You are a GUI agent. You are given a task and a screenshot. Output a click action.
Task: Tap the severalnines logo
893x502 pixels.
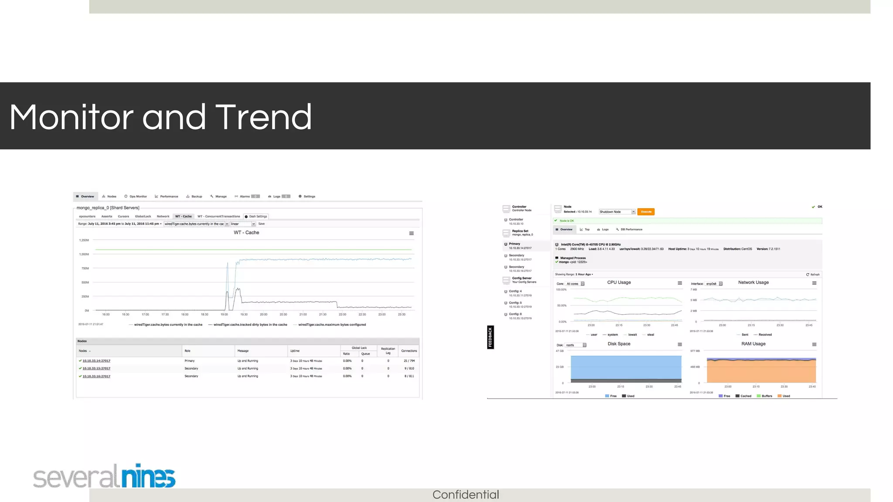105,476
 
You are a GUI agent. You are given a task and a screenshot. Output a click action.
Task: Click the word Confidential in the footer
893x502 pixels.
465,495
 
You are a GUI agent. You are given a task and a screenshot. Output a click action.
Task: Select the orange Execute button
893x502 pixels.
646,212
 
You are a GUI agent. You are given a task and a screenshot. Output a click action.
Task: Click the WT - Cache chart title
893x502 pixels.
246,233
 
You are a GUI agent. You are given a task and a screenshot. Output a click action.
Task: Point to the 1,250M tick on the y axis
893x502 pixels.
84,240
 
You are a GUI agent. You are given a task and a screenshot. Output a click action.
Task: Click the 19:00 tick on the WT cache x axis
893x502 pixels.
224,314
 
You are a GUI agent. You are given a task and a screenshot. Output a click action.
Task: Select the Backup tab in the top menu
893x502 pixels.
194,197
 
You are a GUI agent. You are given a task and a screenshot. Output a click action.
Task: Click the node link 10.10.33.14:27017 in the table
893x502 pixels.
96,361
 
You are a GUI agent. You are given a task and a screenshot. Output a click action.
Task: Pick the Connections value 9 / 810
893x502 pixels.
409,369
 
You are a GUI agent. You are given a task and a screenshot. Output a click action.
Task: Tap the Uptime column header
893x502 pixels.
295,351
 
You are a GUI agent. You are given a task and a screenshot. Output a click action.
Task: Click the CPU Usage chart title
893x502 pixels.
619,282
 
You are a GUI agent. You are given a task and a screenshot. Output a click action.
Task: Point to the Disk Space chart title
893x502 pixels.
619,344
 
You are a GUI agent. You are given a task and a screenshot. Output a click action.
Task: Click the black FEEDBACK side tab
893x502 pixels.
491,337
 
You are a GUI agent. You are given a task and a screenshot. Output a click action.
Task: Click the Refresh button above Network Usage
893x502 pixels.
813,275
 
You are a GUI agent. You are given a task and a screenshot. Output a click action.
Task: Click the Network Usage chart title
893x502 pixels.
753,282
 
